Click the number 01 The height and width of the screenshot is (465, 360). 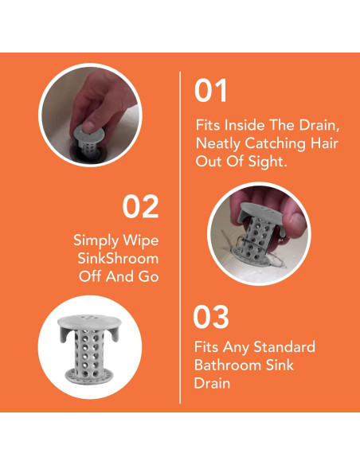(x=210, y=91)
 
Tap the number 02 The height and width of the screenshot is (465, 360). (x=140, y=207)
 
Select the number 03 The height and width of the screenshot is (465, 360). (x=211, y=317)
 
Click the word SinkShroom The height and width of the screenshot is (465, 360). (x=118, y=258)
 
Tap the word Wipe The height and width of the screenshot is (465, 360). (x=141, y=240)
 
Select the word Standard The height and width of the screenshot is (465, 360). (x=284, y=346)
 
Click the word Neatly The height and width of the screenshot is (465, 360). (x=218, y=144)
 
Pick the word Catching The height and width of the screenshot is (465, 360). (x=276, y=144)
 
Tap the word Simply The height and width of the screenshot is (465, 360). (x=96, y=240)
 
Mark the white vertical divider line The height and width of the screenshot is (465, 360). (x=180, y=237)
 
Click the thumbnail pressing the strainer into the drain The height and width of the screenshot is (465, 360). (x=90, y=115)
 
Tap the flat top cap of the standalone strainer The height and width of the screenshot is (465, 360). (x=89, y=321)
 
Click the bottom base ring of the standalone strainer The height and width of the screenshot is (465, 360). (x=89, y=375)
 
